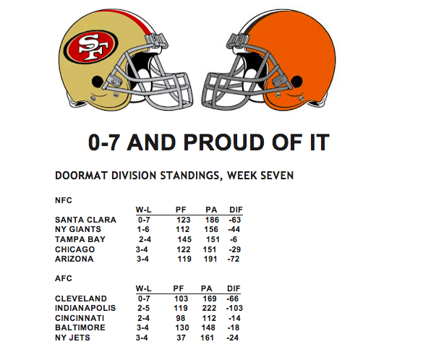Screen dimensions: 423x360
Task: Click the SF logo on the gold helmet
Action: point(91,47)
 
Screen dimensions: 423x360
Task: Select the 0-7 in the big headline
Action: point(103,142)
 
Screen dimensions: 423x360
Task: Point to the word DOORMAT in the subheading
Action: point(82,176)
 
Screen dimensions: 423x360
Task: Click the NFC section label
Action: point(64,200)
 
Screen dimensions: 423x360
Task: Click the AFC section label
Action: point(64,278)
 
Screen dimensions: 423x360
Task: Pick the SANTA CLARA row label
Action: point(85,220)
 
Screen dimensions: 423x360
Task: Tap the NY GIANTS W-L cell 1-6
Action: point(143,229)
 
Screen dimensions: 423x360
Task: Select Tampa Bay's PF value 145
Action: point(184,239)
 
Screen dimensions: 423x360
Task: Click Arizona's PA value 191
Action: point(210,259)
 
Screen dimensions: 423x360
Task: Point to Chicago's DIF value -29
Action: point(234,249)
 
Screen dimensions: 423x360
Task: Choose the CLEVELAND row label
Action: point(81,299)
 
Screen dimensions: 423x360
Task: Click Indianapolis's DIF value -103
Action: point(234,308)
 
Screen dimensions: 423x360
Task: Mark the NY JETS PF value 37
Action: point(181,338)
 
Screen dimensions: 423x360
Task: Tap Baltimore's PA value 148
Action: point(208,327)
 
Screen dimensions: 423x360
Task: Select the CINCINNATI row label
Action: point(80,318)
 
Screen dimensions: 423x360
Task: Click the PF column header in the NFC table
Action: point(181,210)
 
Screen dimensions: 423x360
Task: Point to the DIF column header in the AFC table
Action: point(234,288)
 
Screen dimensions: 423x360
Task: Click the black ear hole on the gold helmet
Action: point(98,81)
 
